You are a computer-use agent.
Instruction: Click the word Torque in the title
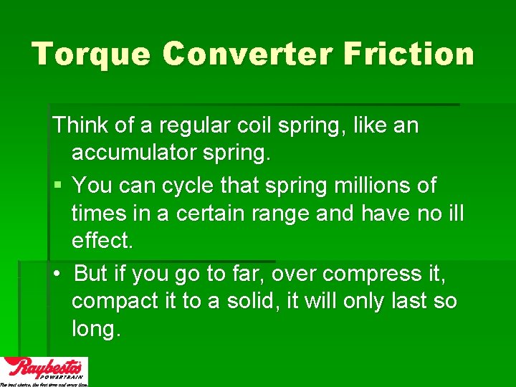(91, 54)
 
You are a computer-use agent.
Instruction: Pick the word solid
(248, 301)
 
